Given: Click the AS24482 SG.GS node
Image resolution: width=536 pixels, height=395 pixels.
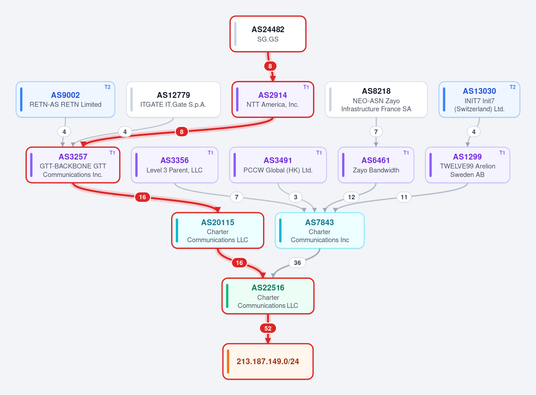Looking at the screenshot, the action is pyautogui.click(x=268, y=34).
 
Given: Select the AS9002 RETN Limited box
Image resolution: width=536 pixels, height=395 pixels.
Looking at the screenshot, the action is pyautogui.click(x=65, y=99).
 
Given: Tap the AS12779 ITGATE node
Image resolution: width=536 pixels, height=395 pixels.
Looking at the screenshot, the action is pyautogui.click(x=173, y=99).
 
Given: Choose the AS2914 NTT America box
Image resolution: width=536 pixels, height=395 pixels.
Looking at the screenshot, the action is pyautogui.click(x=272, y=99).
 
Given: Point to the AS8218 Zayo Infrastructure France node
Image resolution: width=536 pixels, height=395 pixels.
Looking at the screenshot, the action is pyautogui.click(x=376, y=99).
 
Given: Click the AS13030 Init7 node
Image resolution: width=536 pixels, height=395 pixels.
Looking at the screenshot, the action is pyautogui.click(x=479, y=99).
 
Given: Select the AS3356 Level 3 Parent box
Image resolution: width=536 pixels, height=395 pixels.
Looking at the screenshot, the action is pyautogui.click(x=175, y=165).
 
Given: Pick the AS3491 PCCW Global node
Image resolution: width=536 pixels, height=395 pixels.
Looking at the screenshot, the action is pyautogui.click(x=278, y=165).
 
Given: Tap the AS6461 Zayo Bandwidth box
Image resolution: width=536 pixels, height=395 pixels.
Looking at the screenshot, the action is pyautogui.click(x=376, y=165).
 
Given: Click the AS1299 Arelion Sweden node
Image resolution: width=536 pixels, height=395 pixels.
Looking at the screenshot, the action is pyautogui.click(x=467, y=165).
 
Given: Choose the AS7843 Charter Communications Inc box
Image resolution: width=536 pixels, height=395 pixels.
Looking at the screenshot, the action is pyautogui.click(x=319, y=231).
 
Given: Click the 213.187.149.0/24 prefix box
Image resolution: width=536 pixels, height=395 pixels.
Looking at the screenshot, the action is pyautogui.click(x=268, y=361).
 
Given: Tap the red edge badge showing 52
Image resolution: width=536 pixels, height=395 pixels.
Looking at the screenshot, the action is pyautogui.click(x=268, y=328).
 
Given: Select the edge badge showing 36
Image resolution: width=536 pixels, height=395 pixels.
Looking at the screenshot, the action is pyautogui.click(x=297, y=263).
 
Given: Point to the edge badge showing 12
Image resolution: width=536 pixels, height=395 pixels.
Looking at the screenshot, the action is pyautogui.click(x=351, y=197).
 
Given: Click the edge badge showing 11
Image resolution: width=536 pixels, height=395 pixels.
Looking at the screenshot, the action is pyautogui.click(x=404, y=197).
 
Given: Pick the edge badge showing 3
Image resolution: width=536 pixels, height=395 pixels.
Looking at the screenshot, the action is pyautogui.click(x=296, y=197).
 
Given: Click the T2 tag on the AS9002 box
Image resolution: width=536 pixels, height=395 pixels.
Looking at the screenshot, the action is pyautogui.click(x=108, y=87).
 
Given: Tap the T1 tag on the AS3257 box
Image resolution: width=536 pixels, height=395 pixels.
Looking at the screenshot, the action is pyautogui.click(x=112, y=153).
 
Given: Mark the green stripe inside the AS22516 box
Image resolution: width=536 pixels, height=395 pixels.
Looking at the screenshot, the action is pyautogui.click(x=227, y=296).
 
